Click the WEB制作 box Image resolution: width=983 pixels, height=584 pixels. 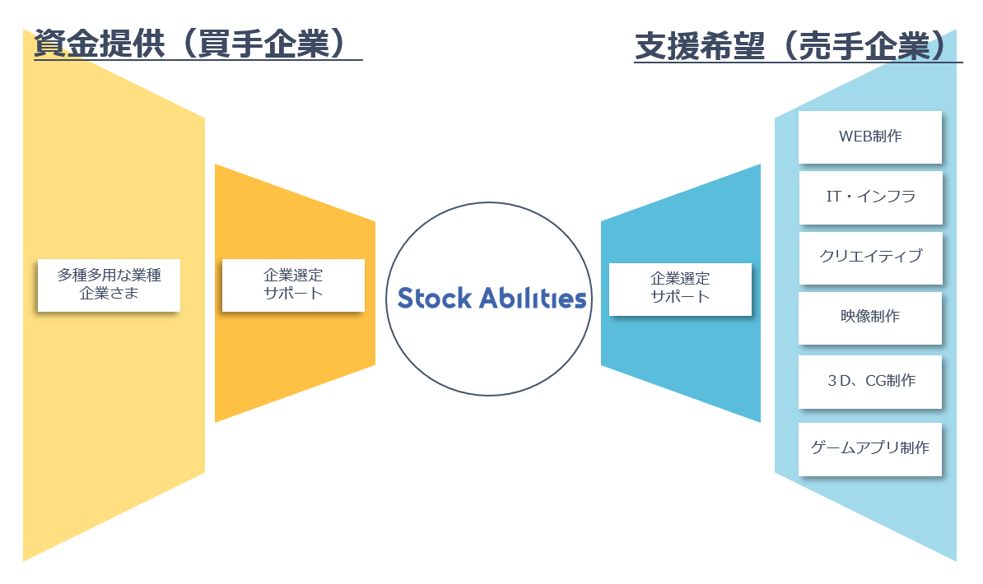click(x=869, y=137)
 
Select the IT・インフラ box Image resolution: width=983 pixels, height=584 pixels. click(x=869, y=197)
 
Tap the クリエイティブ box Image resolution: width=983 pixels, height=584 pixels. click(x=869, y=257)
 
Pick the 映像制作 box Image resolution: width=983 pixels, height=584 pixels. click(x=869, y=317)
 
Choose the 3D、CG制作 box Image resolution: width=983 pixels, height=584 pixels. click(x=869, y=381)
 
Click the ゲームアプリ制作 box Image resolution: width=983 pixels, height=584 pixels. click(x=869, y=448)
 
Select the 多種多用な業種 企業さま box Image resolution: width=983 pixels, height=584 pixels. click(x=109, y=285)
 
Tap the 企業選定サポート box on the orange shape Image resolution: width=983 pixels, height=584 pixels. click(x=293, y=285)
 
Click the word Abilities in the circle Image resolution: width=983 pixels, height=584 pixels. click(x=534, y=298)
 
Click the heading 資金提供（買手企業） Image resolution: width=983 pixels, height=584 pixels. click(x=189, y=44)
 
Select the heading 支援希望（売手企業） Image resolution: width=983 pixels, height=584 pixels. click(x=790, y=47)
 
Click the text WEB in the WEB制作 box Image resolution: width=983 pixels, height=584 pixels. click(x=854, y=137)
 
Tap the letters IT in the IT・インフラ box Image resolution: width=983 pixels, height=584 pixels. click(x=833, y=197)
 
